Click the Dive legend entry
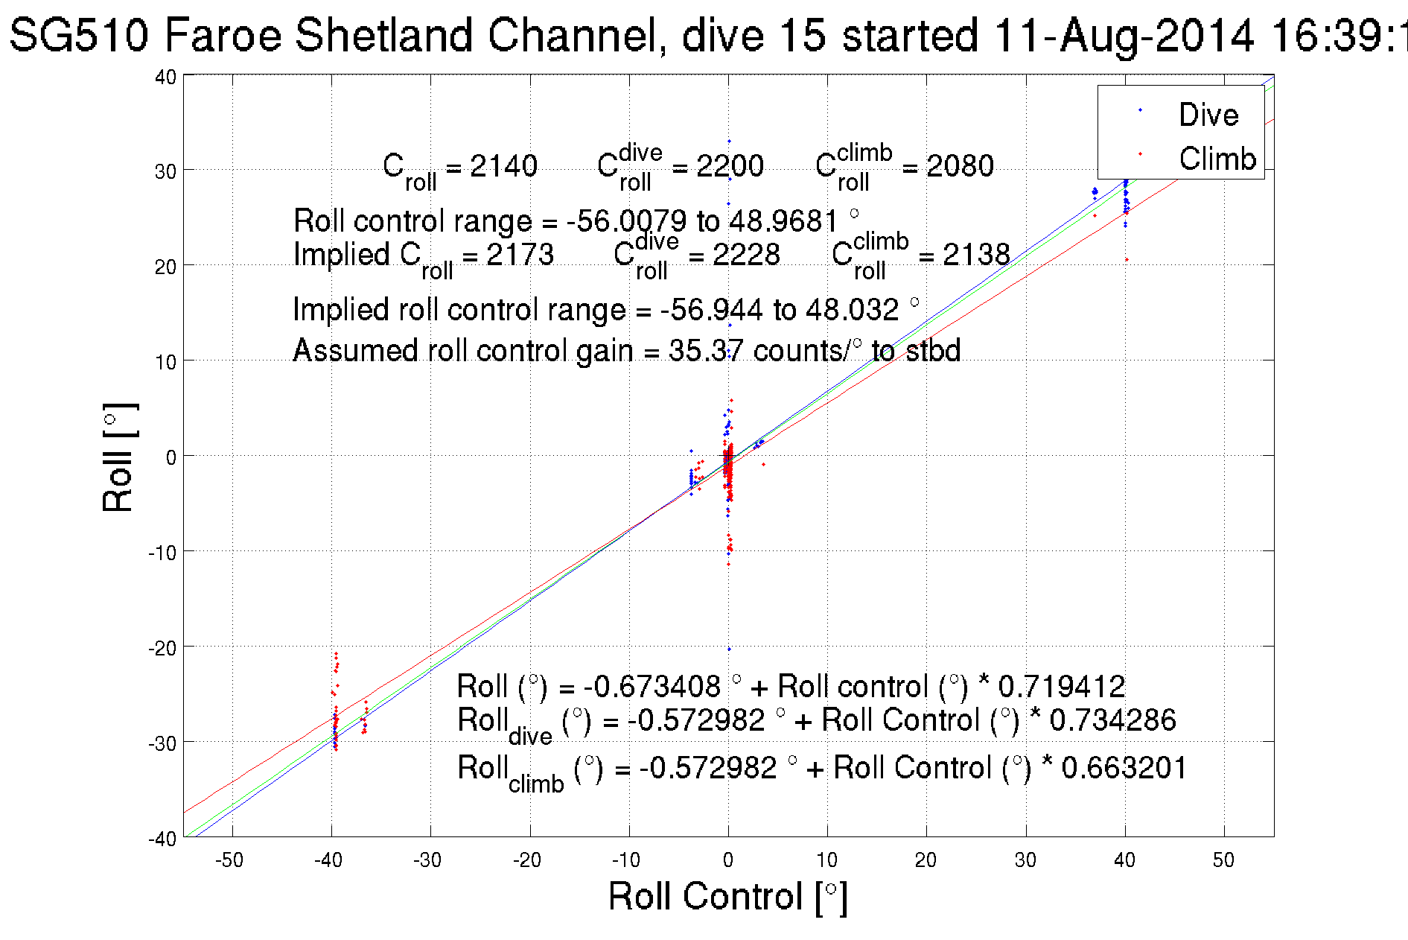click(1208, 115)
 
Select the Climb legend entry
click(1217, 159)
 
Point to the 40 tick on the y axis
click(166, 77)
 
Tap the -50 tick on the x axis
click(229, 860)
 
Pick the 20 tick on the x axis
click(926, 860)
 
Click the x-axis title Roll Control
click(727, 896)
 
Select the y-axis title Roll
click(118, 457)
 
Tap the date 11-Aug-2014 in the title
click(1124, 35)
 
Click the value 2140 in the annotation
click(503, 165)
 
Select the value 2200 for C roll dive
click(730, 165)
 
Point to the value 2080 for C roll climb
click(960, 165)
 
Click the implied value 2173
click(520, 255)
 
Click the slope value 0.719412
click(1061, 686)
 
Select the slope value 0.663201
click(1124, 767)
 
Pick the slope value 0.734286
click(1112, 720)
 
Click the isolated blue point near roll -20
click(729, 649)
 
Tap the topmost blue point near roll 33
click(729, 141)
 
